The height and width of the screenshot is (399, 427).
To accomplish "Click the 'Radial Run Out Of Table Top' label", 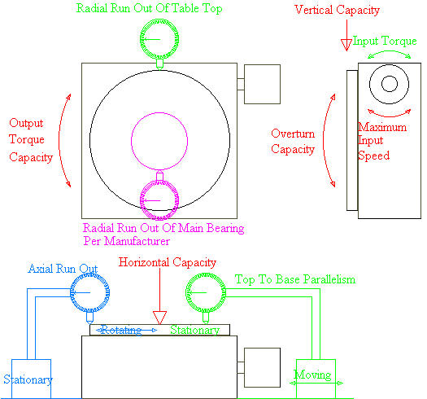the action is [x=149, y=8].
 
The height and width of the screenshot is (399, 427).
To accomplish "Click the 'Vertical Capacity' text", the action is [x=338, y=10].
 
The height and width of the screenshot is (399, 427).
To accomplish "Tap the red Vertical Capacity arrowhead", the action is [x=346, y=45].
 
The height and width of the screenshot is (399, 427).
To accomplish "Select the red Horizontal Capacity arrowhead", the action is [x=159, y=318].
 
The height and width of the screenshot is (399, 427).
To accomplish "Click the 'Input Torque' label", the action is [x=385, y=41].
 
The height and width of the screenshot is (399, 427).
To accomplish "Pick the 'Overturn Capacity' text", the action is [x=293, y=142].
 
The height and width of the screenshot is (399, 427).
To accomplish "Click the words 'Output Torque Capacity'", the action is [x=31, y=140].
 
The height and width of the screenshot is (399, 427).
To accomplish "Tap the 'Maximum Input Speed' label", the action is [x=382, y=141].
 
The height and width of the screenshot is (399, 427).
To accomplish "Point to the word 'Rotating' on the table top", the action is [x=121, y=330].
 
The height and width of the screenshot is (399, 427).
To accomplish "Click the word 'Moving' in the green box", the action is [x=312, y=375].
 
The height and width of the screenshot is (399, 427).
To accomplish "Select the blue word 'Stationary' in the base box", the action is [x=28, y=379].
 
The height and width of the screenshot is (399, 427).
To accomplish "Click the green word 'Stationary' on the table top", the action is [x=194, y=330].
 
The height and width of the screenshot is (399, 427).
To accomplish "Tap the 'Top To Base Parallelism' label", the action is [x=295, y=279].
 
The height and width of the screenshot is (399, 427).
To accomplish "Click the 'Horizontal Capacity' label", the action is [x=168, y=262].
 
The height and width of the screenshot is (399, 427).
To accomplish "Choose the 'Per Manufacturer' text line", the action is [x=127, y=241].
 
